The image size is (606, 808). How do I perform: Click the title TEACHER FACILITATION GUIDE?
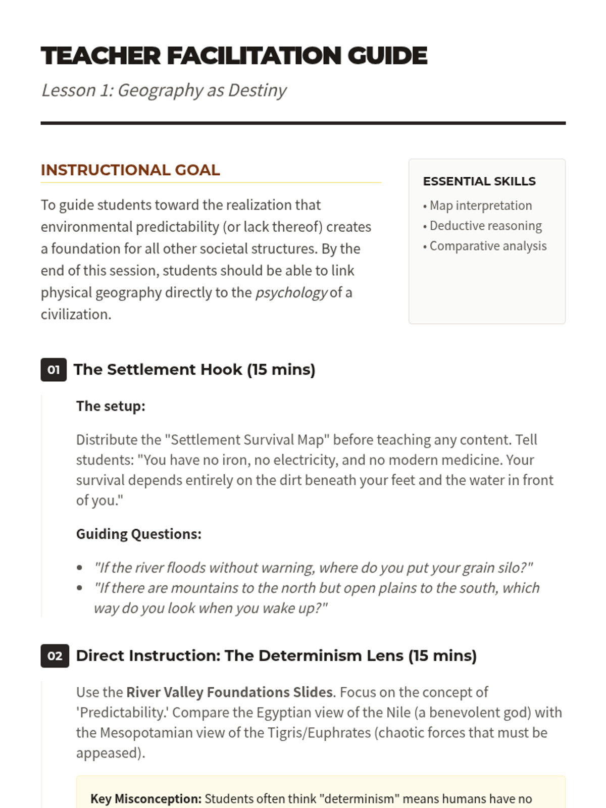point(234,56)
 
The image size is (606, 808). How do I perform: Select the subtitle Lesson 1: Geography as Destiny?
point(164,90)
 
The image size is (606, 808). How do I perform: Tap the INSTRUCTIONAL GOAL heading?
point(130,170)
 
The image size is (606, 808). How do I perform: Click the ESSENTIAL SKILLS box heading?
point(479,181)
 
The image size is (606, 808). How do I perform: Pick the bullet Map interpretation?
point(480,206)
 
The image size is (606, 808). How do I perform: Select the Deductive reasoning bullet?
point(485,226)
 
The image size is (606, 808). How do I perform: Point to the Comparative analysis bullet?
point(488,246)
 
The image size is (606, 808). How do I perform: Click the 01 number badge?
point(54,370)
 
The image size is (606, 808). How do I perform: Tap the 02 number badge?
point(55,656)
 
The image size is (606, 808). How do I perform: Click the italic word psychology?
point(291,293)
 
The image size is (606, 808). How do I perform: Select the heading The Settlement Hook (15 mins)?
point(194,370)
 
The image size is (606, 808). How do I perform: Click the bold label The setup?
point(111,407)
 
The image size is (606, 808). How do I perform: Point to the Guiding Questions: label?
point(138,534)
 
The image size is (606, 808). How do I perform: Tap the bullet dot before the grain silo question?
point(80,568)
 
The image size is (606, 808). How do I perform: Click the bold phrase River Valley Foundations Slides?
point(229,692)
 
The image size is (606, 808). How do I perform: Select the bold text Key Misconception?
point(145,799)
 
